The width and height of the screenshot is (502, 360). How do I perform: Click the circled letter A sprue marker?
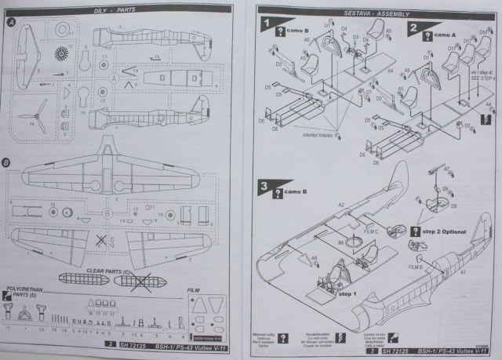[x=10, y=21]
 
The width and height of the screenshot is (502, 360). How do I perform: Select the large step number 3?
[x=267, y=188]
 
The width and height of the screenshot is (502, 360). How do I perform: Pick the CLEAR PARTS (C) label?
[x=128, y=266]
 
